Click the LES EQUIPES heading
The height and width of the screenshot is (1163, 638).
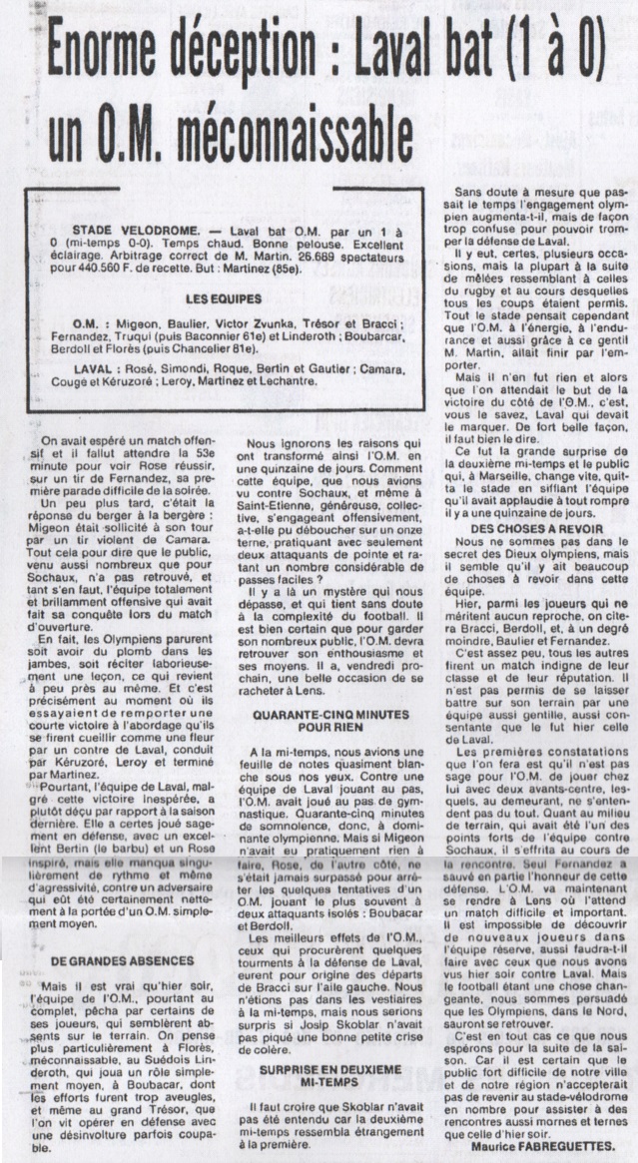tap(223, 271)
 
